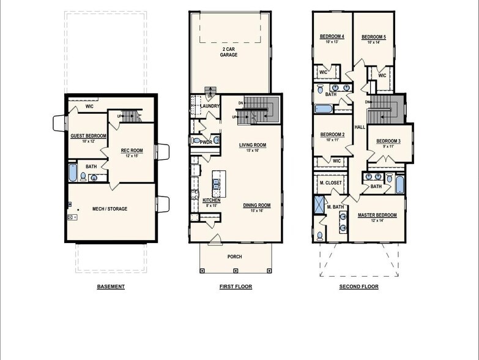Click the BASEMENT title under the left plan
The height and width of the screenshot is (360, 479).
click(111, 287)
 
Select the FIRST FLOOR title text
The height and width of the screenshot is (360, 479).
click(236, 287)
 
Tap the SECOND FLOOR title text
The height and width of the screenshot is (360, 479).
click(358, 287)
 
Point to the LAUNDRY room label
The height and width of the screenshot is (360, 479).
click(210, 106)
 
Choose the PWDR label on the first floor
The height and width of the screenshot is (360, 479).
click(206, 142)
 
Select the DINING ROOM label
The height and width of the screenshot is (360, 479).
click(256, 206)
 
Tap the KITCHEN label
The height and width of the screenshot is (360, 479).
click(211, 200)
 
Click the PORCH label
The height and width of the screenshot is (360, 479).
click(235, 257)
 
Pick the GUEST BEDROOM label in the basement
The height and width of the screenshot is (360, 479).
click(88, 136)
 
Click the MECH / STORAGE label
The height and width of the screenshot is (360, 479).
click(110, 209)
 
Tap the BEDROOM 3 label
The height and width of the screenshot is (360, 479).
click(388, 141)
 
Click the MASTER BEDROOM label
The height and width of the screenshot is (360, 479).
click(377, 215)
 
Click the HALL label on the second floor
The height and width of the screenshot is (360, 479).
click(359, 127)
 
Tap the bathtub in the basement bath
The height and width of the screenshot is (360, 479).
click(73, 172)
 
